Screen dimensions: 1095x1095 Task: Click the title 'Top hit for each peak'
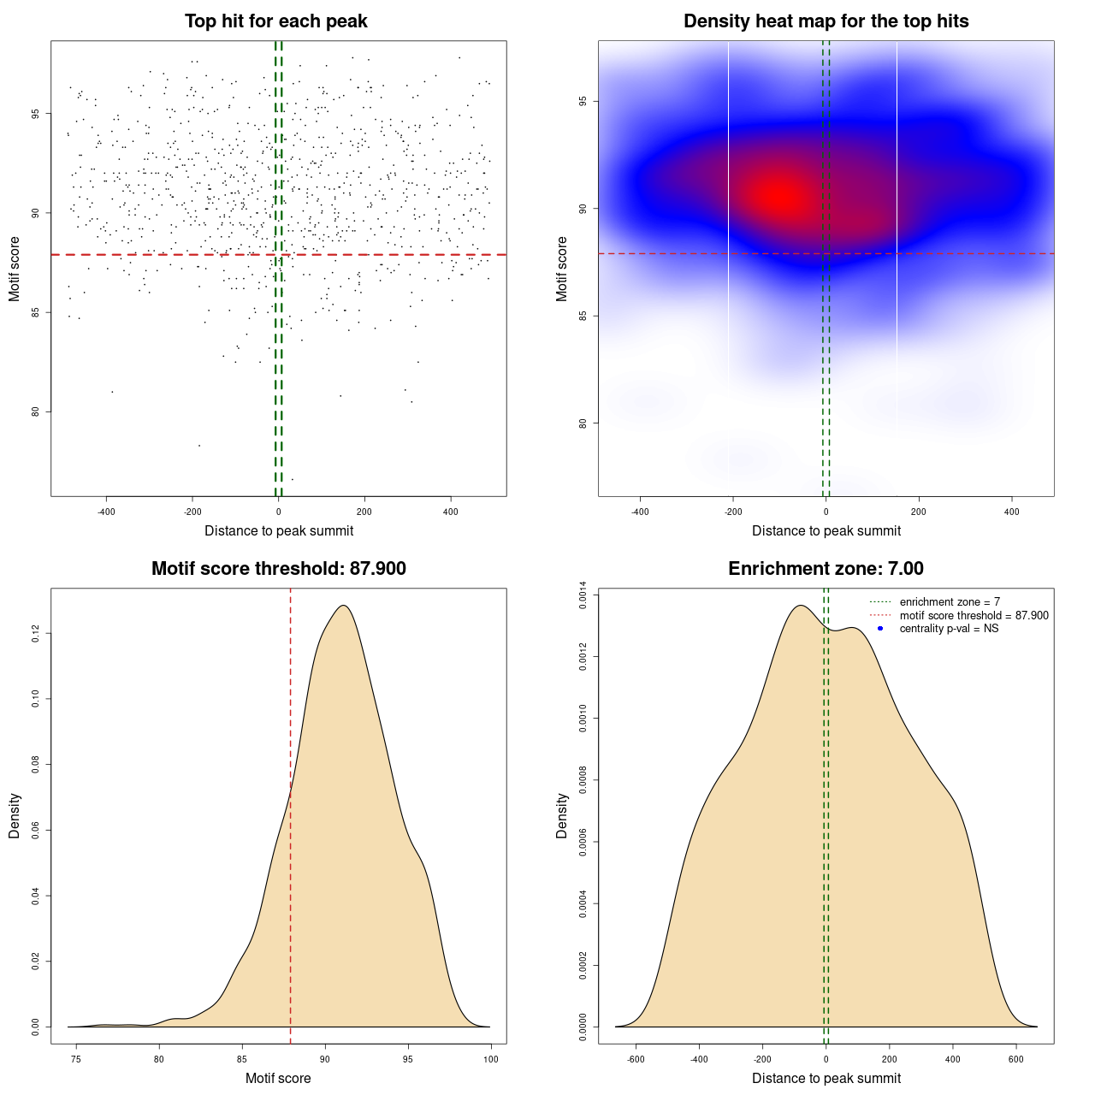click(276, 21)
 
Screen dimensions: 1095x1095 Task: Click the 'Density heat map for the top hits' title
click(826, 21)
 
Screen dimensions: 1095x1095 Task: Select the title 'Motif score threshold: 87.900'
click(279, 569)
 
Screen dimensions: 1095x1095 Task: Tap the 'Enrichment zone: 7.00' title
click(826, 569)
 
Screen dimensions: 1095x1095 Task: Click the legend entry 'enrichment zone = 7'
click(950, 602)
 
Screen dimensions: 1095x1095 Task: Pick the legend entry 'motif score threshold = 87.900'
click(974, 616)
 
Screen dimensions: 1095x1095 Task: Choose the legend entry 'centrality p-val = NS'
click(949, 629)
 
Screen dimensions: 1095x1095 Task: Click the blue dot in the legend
click(880, 629)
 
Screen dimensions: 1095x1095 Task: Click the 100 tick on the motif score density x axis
click(490, 1059)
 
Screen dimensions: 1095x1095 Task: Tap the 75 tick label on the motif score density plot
click(76, 1059)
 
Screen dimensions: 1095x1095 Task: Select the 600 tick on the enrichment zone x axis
click(1016, 1059)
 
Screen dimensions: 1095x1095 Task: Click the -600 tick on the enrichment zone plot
click(636, 1059)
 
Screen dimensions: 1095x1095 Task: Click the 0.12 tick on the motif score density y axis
click(36, 634)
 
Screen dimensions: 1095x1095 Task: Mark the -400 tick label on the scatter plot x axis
click(106, 512)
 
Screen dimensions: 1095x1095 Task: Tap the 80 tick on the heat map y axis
click(583, 423)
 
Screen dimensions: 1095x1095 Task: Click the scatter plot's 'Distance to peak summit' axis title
click(279, 530)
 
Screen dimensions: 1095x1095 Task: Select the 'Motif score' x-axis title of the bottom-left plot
click(278, 1078)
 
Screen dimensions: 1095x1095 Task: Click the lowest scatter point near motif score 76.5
click(293, 479)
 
